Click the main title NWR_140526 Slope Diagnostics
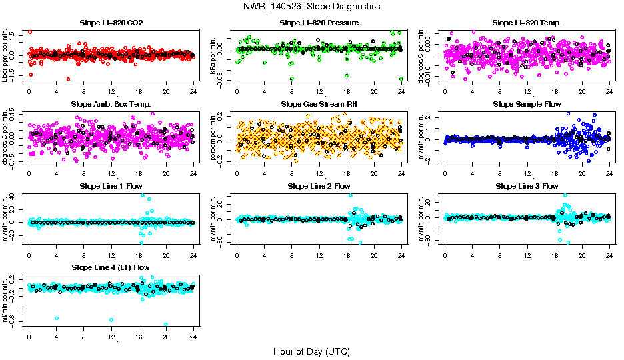pos(312,6)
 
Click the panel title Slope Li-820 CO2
pos(111,23)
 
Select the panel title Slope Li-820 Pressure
pos(319,23)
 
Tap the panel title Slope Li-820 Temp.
pos(527,23)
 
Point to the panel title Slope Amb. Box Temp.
pos(111,105)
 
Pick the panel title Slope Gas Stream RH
pos(319,105)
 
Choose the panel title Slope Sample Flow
pos(527,105)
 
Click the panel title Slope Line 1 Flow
pos(111,186)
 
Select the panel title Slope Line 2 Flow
pos(319,186)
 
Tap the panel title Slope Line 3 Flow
pos(527,186)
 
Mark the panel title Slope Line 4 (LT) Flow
pos(111,267)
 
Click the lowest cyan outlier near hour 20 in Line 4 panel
pos(166,325)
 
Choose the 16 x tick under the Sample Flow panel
pos(555,173)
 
